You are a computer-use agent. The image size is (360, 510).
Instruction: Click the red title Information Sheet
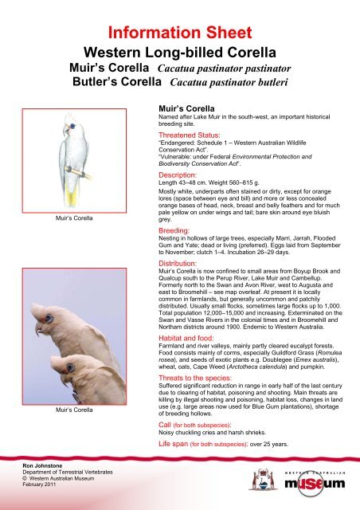[180, 14]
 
